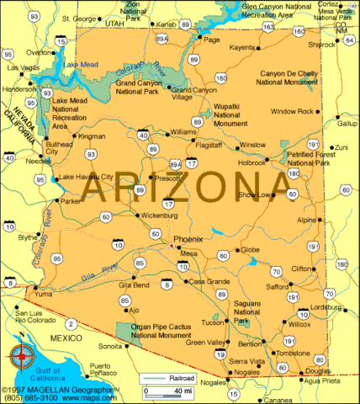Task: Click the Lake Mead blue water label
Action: pos(79,64)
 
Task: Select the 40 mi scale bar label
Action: pos(180,391)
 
